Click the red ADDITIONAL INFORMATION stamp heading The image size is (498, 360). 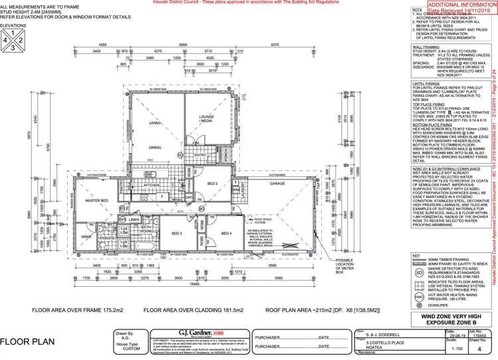coord(452,5)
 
